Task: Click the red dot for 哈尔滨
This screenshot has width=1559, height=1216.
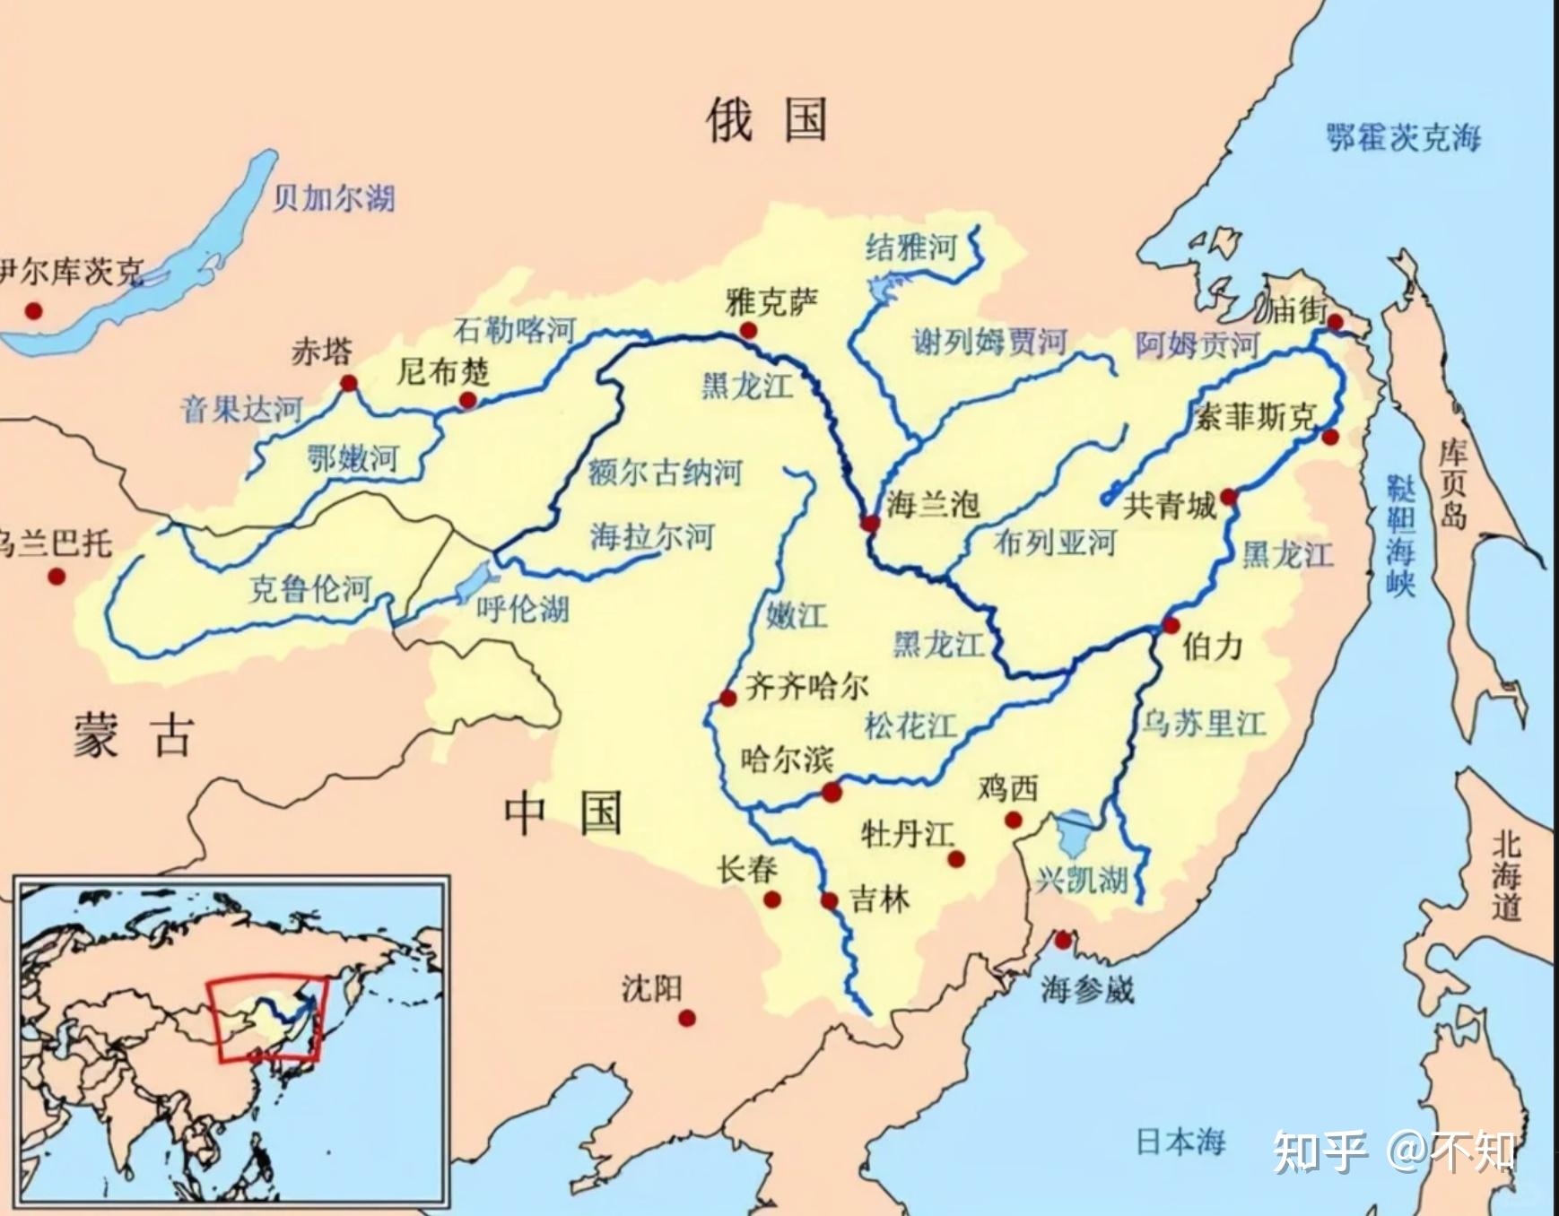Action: pyautogui.click(x=832, y=792)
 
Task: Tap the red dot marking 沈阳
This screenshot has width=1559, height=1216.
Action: pyautogui.click(x=687, y=1018)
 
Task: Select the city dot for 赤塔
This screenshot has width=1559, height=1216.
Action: pyautogui.click(x=349, y=384)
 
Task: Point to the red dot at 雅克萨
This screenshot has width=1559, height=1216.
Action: pyautogui.click(x=748, y=331)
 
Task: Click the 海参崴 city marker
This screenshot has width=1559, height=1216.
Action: pyautogui.click(x=1063, y=940)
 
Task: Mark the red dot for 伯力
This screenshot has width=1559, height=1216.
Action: pyautogui.click(x=1171, y=625)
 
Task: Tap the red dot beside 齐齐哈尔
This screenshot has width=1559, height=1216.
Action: pyautogui.click(x=727, y=698)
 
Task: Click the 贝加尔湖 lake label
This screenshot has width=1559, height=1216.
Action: pyautogui.click(x=334, y=197)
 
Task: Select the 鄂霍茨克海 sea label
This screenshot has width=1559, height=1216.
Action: pyautogui.click(x=1404, y=138)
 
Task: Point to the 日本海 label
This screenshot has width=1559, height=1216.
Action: pyautogui.click(x=1180, y=1142)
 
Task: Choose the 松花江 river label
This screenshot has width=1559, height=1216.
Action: pyautogui.click(x=910, y=725)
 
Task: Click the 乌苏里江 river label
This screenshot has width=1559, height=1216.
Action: pyautogui.click(x=1203, y=722)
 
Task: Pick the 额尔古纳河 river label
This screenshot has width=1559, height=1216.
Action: pyautogui.click(x=665, y=471)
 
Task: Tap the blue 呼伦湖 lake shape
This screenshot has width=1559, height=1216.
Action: pyautogui.click(x=473, y=582)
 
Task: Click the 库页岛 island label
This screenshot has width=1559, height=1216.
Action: pyautogui.click(x=1452, y=483)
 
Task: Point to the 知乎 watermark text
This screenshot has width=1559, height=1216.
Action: pyautogui.click(x=1320, y=1151)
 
